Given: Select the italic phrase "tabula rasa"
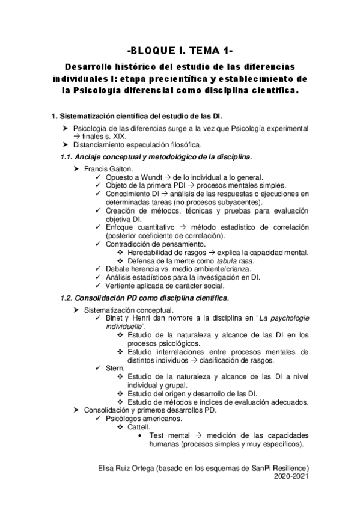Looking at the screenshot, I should click(236, 260).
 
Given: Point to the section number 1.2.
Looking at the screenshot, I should click(68, 298).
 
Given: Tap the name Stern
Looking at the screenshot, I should click(114, 367).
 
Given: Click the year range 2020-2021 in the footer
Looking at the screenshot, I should click(291, 475).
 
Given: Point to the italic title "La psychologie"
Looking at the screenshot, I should click(282, 318).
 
